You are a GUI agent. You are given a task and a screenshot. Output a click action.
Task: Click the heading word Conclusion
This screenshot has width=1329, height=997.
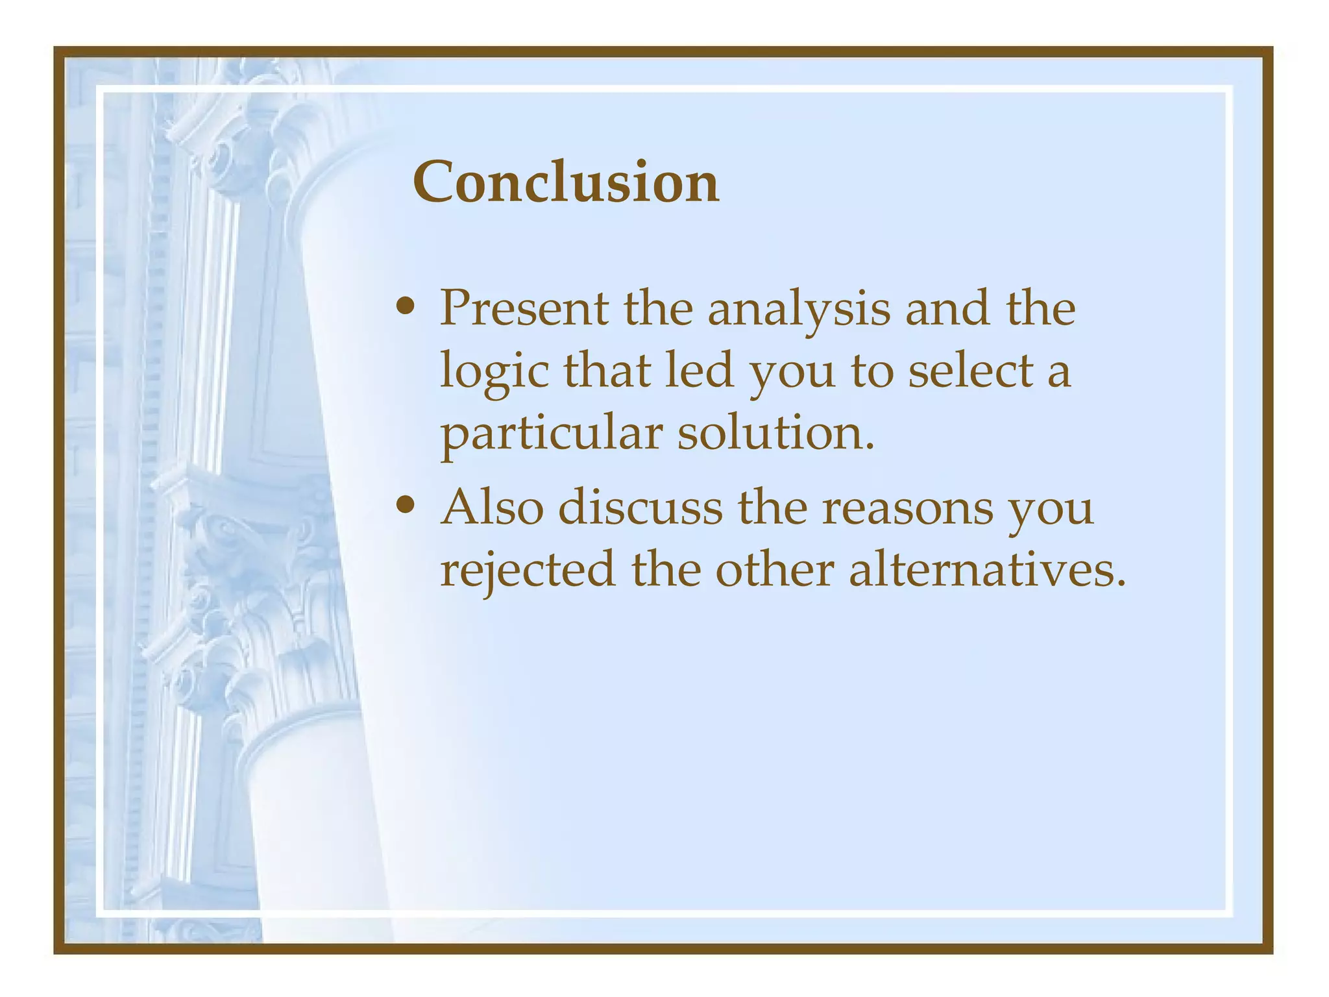click(x=565, y=182)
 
